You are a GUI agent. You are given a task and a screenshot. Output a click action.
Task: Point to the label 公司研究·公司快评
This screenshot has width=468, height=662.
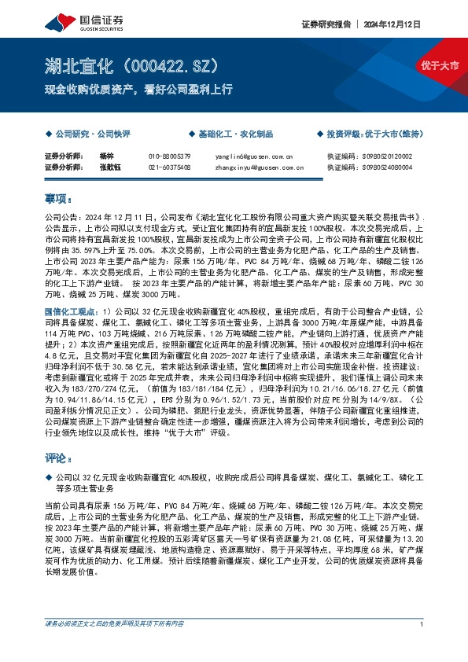91,134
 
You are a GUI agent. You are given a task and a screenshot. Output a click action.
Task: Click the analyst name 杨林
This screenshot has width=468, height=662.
108,156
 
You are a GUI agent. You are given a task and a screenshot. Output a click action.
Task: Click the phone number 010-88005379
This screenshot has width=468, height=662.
169,156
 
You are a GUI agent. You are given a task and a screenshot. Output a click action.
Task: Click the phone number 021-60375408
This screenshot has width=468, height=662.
169,167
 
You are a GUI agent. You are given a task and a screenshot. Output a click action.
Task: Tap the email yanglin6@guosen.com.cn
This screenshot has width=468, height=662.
253,156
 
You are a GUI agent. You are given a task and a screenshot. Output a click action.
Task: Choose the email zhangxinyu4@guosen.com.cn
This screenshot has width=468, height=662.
259,167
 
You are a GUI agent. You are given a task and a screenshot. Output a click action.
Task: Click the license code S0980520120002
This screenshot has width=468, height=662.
391,156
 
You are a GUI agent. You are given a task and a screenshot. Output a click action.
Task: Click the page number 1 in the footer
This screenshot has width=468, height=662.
422,646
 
